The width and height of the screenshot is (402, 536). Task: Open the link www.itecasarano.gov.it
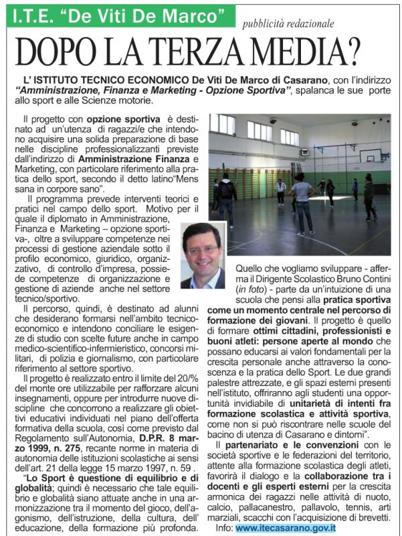[x=285, y=527]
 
